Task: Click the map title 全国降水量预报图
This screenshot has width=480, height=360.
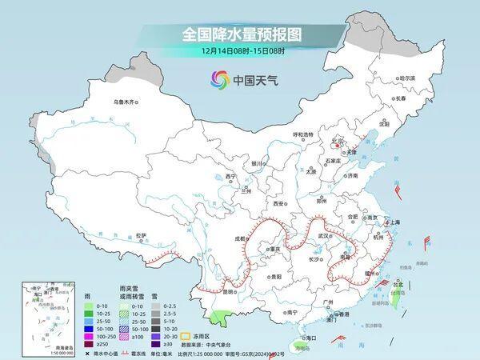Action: coord(239,35)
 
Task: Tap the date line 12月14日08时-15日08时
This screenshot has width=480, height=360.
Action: coord(239,51)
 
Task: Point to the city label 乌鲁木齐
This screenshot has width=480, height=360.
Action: coord(126,102)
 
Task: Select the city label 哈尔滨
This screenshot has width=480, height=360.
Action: coord(407,78)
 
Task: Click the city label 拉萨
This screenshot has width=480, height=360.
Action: coord(141,235)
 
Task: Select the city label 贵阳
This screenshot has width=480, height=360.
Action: coord(275,276)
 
